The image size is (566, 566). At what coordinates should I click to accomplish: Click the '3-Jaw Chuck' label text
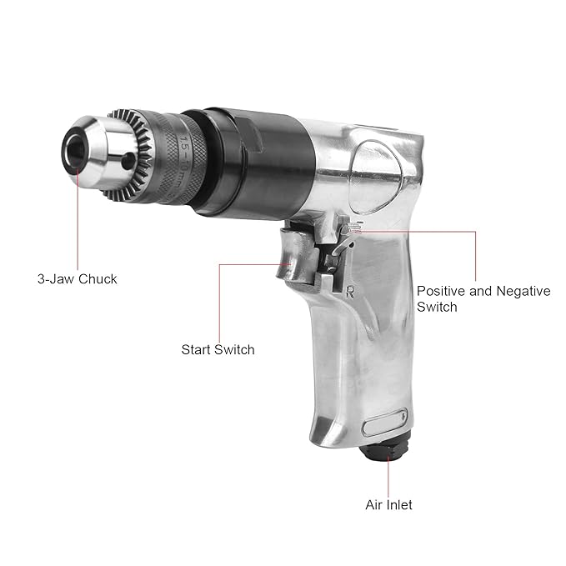tap(78, 279)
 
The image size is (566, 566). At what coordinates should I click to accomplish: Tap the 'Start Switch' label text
tap(218, 350)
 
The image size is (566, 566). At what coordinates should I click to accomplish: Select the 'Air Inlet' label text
tap(388, 504)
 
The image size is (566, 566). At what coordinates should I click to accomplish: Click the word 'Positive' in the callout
tap(441, 291)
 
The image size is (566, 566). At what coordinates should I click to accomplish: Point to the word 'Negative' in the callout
tap(523, 291)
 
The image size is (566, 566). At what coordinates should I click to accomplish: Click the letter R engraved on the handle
tap(349, 292)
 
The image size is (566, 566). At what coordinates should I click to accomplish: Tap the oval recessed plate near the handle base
tap(385, 423)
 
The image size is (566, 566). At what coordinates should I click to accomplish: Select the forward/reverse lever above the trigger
tap(347, 238)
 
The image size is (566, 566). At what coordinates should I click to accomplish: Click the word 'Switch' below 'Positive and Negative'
tap(437, 307)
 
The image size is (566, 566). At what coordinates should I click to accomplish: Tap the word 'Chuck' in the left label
tap(98, 279)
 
